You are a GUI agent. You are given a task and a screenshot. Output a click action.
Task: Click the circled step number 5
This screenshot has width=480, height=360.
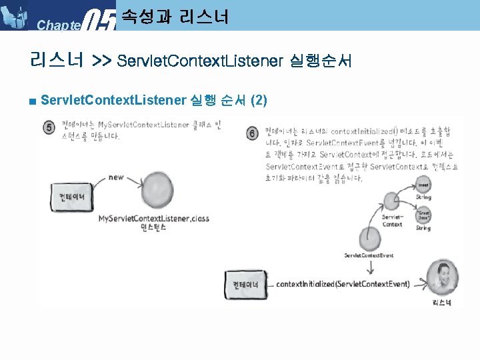click(49, 128)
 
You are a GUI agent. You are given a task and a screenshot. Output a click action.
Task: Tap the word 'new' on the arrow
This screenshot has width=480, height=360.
click(116, 177)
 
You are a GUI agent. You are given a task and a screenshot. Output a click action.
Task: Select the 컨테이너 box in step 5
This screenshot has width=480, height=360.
click(69, 197)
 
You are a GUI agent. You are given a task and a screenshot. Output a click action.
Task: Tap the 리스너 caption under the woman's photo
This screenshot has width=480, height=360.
click(442, 303)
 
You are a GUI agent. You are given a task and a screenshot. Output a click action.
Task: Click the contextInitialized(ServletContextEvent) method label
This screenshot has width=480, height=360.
click(343, 284)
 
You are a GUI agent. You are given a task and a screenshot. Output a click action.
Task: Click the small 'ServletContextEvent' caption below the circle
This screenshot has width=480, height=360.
click(369, 255)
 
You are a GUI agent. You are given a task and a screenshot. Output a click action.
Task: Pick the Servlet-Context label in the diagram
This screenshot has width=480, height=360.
click(392, 220)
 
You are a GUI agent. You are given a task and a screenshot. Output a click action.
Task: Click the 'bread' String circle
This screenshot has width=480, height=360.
click(423, 183)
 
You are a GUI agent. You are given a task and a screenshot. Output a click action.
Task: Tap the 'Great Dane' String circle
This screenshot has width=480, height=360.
click(423, 213)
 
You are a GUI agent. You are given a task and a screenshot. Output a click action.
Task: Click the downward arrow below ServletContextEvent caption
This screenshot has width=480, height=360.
click(369, 267)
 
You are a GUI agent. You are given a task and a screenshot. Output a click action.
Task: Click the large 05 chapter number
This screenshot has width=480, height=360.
click(102, 19)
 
